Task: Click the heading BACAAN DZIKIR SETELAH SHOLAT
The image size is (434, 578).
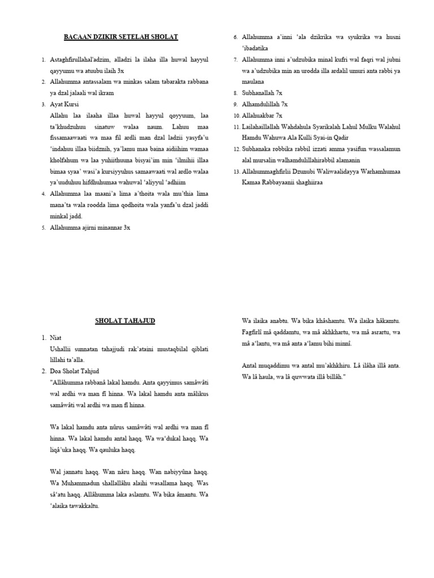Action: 120,37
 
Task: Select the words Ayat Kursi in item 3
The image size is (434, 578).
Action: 65,104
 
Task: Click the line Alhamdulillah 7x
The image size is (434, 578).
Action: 265,104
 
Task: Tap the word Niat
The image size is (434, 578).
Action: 55,338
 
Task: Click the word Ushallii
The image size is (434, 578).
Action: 63,349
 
